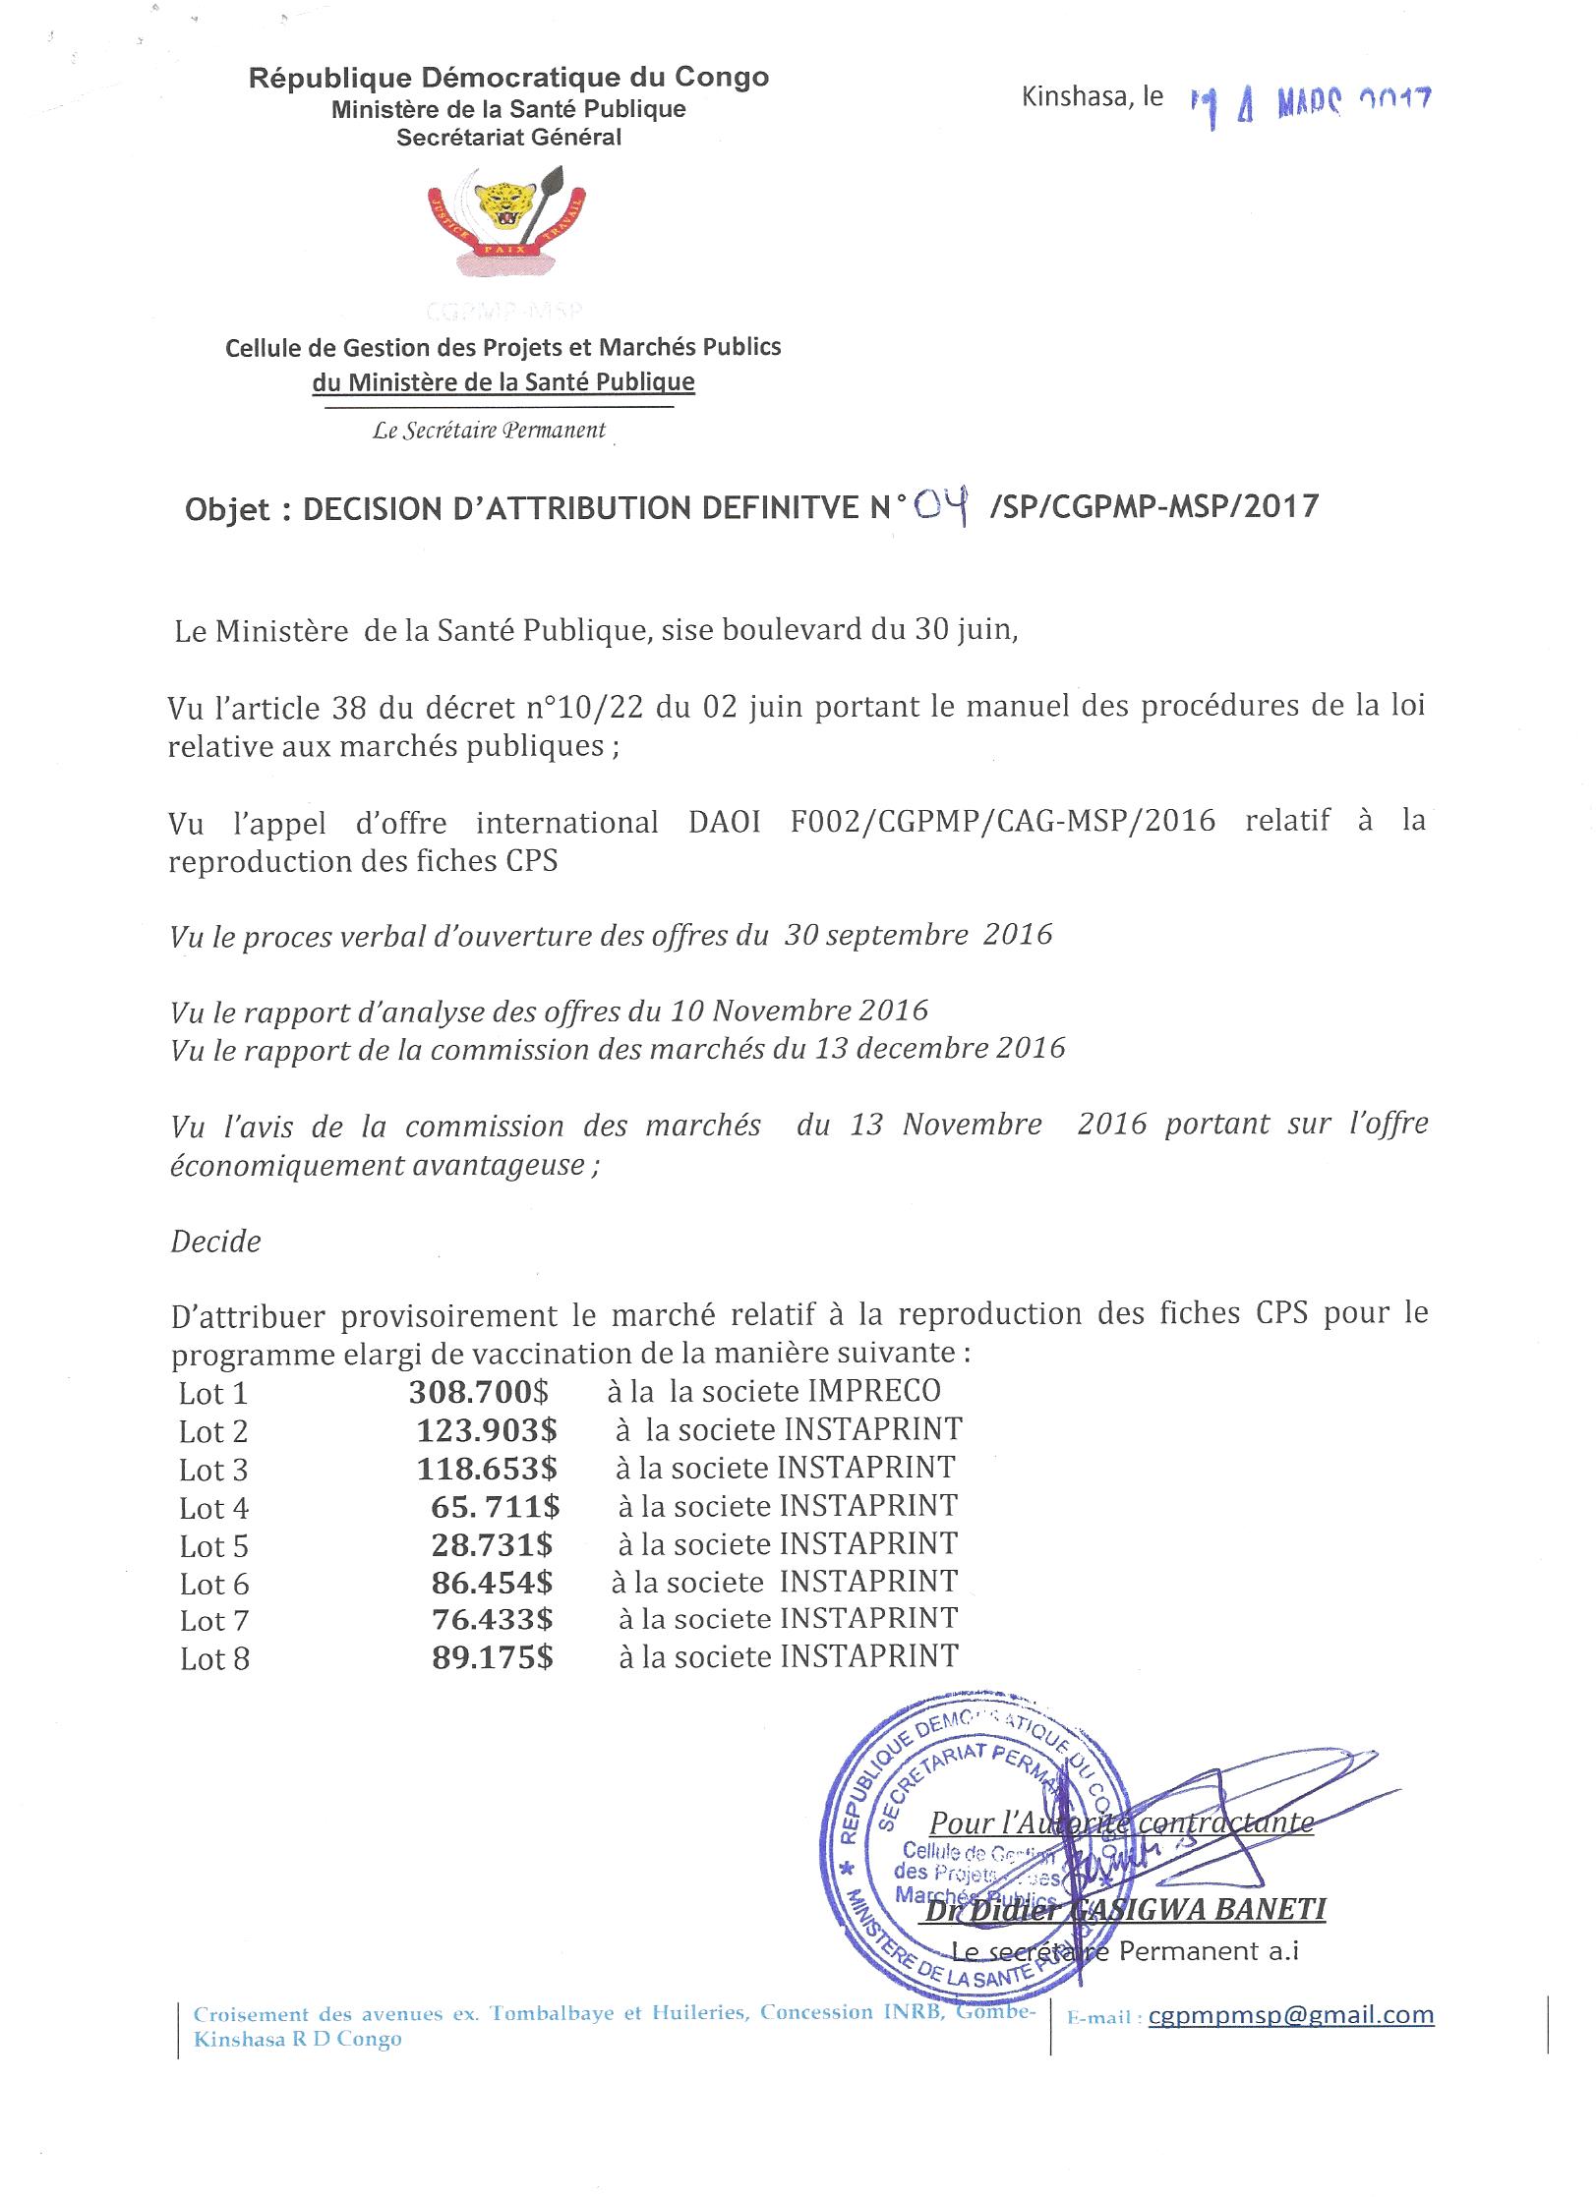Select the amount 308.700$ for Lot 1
pyautogui.click(x=479, y=1391)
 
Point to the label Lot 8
pyautogui.click(x=214, y=1659)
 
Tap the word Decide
pyautogui.click(x=215, y=1242)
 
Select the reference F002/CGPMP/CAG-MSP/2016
pyautogui.click(x=1003, y=820)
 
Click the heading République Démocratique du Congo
pyautogui.click(x=508, y=78)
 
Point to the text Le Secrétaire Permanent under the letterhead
pyautogui.click(x=489, y=431)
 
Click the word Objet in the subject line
pyautogui.click(x=226, y=509)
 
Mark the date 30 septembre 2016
pyautogui.click(x=917, y=934)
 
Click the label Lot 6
pyautogui.click(x=214, y=1584)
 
